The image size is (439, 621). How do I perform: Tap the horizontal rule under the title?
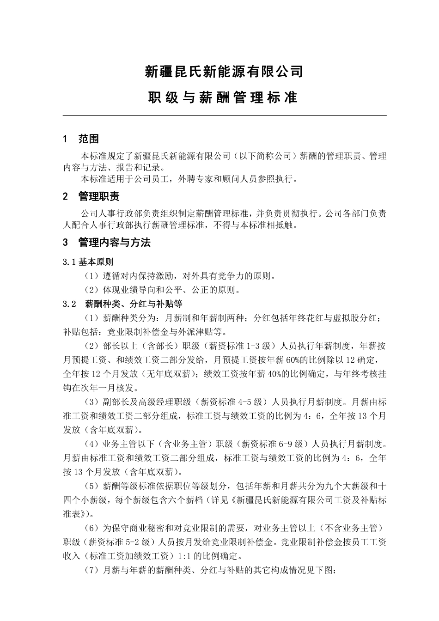click(225, 116)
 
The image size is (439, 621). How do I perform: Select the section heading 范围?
click(89, 139)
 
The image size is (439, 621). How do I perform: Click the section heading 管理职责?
click(99, 196)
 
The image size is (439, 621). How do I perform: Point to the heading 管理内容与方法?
click(115, 242)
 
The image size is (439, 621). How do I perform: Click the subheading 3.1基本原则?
click(88, 262)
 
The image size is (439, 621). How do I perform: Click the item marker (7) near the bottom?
click(91, 570)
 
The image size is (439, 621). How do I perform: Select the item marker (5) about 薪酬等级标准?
click(91, 486)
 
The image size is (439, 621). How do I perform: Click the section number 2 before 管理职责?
click(65, 196)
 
